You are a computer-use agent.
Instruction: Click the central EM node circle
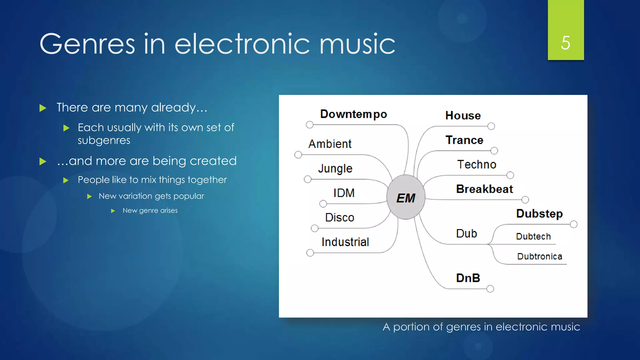(x=406, y=197)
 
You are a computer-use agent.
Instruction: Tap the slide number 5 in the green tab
(x=565, y=43)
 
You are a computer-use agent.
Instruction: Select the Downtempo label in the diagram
(x=353, y=114)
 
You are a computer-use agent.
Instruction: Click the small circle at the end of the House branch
(x=491, y=126)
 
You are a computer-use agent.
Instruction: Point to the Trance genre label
(x=464, y=140)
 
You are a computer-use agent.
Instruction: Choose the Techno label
(x=477, y=164)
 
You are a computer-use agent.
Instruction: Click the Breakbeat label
(x=484, y=189)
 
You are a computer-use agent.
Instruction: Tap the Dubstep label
(x=539, y=213)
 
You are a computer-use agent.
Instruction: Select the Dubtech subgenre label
(x=533, y=236)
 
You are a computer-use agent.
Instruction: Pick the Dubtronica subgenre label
(x=539, y=256)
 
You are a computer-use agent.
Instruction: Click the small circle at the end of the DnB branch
(x=490, y=289)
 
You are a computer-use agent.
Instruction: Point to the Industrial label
(x=345, y=242)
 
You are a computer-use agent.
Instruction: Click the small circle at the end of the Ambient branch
(x=298, y=155)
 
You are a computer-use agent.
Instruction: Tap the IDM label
(x=344, y=193)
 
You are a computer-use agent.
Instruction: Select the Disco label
(x=339, y=217)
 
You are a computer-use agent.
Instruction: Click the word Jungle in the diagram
(x=335, y=169)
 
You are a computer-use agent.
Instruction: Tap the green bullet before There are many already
(x=43, y=108)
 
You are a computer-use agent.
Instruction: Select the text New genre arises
(x=150, y=210)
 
